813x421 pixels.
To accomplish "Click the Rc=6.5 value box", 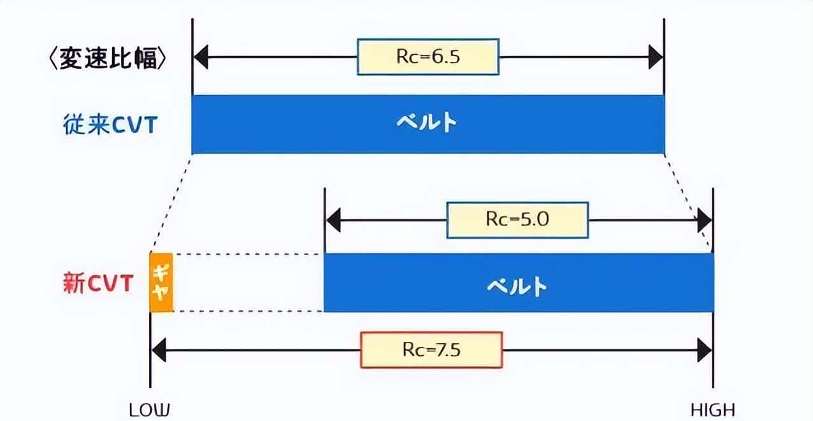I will (x=428, y=57).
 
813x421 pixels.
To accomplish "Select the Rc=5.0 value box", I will (x=517, y=220).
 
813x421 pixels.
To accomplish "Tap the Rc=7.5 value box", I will (x=431, y=350).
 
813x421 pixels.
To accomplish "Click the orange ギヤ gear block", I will (x=161, y=283).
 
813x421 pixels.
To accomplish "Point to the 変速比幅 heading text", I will (x=108, y=59).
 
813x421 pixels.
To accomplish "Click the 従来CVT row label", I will (x=110, y=124).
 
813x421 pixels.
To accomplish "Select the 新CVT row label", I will (x=97, y=283).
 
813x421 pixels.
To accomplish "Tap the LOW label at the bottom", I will (x=150, y=410).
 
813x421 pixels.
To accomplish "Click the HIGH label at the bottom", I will (x=712, y=410).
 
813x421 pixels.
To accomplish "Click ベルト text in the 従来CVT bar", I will (x=427, y=122).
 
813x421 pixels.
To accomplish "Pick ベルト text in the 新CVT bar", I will (x=517, y=284).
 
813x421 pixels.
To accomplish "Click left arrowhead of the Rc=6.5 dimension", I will (x=201, y=57).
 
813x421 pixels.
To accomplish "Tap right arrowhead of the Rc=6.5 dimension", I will (x=656, y=57).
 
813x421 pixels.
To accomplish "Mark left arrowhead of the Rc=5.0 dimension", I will (x=333, y=220).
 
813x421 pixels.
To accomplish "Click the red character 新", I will (x=73, y=283).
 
